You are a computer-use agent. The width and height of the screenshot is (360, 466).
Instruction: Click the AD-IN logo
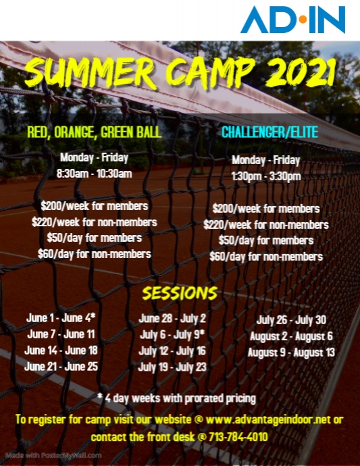[292, 20]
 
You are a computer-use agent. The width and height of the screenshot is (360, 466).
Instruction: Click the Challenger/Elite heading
[269, 132]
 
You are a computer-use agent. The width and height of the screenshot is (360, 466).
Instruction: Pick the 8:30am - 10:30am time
[95, 174]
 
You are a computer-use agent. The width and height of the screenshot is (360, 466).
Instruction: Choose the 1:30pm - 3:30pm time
[266, 176]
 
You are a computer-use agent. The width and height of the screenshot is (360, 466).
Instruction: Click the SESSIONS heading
[180, 293]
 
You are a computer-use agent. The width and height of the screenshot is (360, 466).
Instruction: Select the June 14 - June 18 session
[61, 350]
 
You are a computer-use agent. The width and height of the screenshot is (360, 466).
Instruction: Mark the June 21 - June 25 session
[61, 366]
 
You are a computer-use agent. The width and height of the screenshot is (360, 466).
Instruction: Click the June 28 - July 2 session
[172, 317]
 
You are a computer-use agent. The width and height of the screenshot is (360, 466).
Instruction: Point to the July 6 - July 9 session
[172, 334]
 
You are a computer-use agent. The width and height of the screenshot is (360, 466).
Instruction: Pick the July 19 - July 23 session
[172, 367]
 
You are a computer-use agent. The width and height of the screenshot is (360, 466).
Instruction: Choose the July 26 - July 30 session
[291, 320]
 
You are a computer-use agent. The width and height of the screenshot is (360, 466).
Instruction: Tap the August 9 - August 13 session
[291, 352]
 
